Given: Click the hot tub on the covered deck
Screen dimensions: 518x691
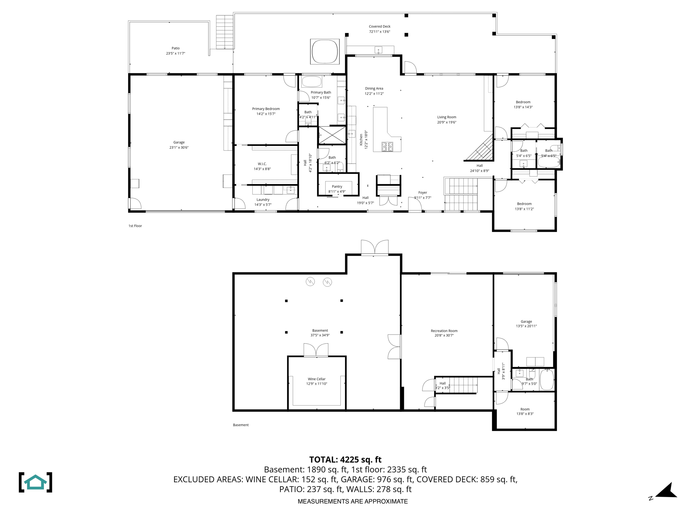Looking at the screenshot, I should pyautogui.click(x=325, y=51).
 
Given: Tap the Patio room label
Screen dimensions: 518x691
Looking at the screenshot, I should pyautogui.click(x=175, y=48).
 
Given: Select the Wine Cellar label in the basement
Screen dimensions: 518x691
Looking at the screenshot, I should pyautogui.click(x=316, y=379).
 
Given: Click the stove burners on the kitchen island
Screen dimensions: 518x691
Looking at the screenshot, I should pyautogui.click(x=387, y=146).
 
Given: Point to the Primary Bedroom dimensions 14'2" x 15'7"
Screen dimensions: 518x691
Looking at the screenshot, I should pyautogui.click(x=266, y=114).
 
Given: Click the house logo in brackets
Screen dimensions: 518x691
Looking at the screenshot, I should pyautogui.click(x=35, y=482).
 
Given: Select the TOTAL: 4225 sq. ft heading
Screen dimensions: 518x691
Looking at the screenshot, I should pyautogui.click(x=345, y=460).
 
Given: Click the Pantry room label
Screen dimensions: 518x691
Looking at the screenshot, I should pyautogui.click(x=337, y=186).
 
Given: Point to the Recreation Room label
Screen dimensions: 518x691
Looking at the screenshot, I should pyautogui.click(x=444, y=331).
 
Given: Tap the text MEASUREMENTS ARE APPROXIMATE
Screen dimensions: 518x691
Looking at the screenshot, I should pyautogui.click(x=352, y=501).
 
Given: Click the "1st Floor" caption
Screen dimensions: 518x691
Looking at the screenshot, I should pyautogui.click(x=135, y=226).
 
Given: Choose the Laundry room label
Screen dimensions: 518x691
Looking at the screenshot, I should pyautogui.click(x=263, y=200).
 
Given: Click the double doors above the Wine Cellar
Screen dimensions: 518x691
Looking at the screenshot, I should pyautogui.click(x=316, y=350).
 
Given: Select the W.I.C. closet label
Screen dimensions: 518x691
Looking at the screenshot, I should pyautogui.click(x=262, y=164).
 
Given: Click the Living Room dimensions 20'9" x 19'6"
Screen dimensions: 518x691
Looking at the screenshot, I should pyautogui.click(x=447, y=122).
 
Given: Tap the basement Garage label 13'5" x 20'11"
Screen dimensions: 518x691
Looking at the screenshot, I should pyautogui.click(x=526, y=324).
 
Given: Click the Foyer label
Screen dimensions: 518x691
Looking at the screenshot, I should pyautogui.click(x=422, y=193).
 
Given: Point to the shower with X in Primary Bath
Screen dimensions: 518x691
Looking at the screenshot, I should pyautogui.click(x=332, y=135).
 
